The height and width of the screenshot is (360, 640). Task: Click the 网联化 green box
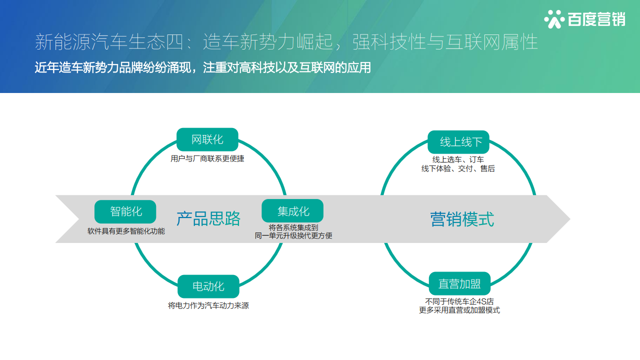(207, 139)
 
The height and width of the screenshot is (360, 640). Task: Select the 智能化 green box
(125, 211)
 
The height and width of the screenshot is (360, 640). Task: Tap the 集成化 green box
(292, 211)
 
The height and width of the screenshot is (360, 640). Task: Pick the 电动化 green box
(208, 286)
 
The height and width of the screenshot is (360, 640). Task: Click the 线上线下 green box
(458, 142)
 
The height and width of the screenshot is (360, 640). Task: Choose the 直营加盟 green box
(459, 284)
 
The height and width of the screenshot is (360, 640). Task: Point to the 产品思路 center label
(208, 219)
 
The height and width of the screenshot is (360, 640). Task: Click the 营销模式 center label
(462, 219)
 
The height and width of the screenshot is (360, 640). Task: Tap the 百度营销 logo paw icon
(554, 19)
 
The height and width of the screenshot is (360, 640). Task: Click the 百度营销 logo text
(596, 19)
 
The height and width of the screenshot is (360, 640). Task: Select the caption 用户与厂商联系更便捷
(207, 159)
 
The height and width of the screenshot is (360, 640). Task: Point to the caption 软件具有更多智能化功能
(126, 231)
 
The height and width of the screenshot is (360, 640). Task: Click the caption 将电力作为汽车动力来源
(208, 305)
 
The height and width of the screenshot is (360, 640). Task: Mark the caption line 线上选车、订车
(458, 160)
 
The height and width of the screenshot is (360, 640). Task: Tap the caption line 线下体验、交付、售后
(458, 169)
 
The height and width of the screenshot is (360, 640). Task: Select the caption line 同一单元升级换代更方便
(293, 235)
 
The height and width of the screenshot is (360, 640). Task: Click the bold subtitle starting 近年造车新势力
(202, 68)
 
